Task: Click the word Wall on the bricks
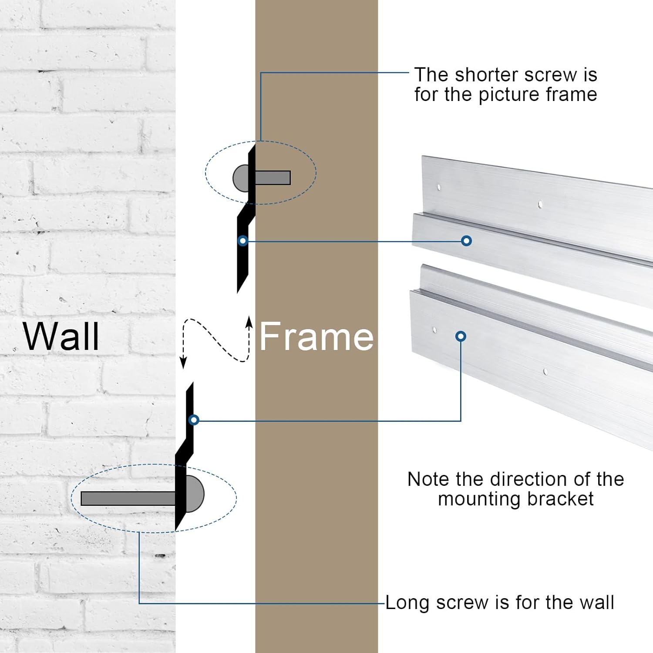[61, 336]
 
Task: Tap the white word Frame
[316, 336]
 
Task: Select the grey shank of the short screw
[272, 178]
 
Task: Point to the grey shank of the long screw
[128, 498]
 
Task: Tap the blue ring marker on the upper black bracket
[243, 241]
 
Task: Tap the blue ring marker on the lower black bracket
[194, 420]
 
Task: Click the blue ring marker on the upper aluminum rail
[466, 241]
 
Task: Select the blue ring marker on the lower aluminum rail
[461, 336]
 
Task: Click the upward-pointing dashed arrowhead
[249, 322]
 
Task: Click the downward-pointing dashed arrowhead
[184, 362]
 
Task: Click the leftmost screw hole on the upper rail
[439, 188]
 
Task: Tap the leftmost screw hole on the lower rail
[434, 330]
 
